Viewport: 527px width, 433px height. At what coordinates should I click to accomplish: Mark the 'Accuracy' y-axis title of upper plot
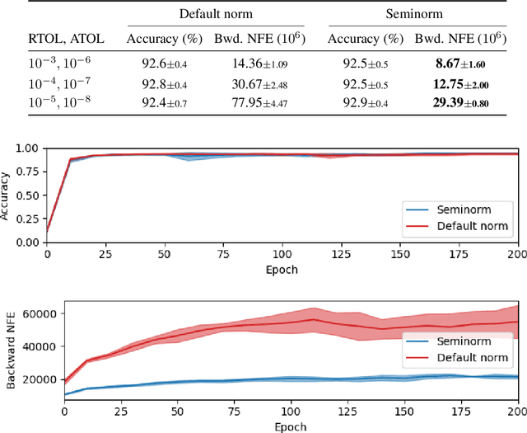[x=7, y=195]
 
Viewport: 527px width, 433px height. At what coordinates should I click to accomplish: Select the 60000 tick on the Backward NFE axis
[x=38, y=313]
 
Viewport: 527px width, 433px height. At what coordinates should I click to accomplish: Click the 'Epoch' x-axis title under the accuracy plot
[x=282, y=270]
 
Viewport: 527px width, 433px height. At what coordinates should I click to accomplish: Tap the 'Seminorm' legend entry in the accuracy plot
[x=461, y=209]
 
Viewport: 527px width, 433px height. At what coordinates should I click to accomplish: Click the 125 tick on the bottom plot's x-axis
[x=349, y=410]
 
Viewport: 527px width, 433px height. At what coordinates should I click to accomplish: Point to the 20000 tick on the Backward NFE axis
[x=38, y=378]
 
